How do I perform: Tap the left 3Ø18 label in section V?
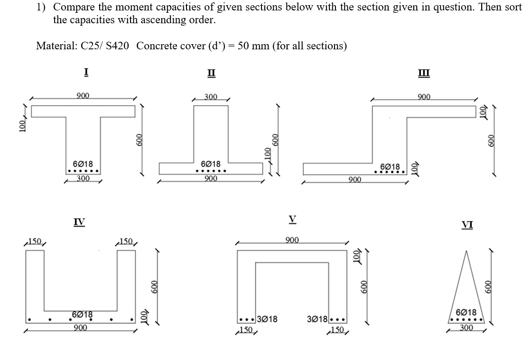coord(267,320)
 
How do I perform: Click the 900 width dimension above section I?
coord(84,97)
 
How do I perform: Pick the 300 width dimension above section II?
coord(211,97)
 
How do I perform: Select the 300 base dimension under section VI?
coord(467,328)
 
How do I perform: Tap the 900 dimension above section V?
coord(293,240)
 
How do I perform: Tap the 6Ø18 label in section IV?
coord(82,314)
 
